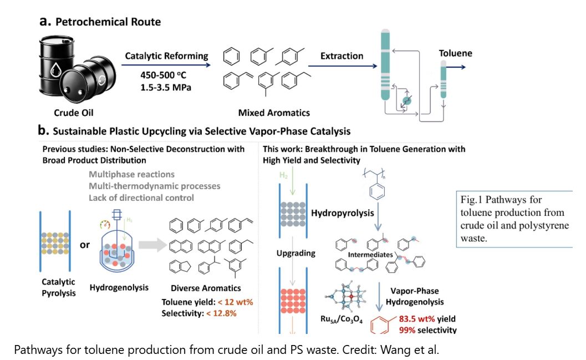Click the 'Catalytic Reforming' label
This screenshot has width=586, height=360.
[x=166, y=56]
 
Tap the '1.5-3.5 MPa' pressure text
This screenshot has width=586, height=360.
[x=166, y=88]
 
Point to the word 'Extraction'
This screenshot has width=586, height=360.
[x=342, y=56]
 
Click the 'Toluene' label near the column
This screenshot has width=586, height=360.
[x=456, y=54]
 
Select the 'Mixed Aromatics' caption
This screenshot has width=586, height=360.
[x=274, y=113]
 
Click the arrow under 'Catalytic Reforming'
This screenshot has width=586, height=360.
[x=166, y=65]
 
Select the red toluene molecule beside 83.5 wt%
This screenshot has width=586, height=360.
[x=381, y=324]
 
